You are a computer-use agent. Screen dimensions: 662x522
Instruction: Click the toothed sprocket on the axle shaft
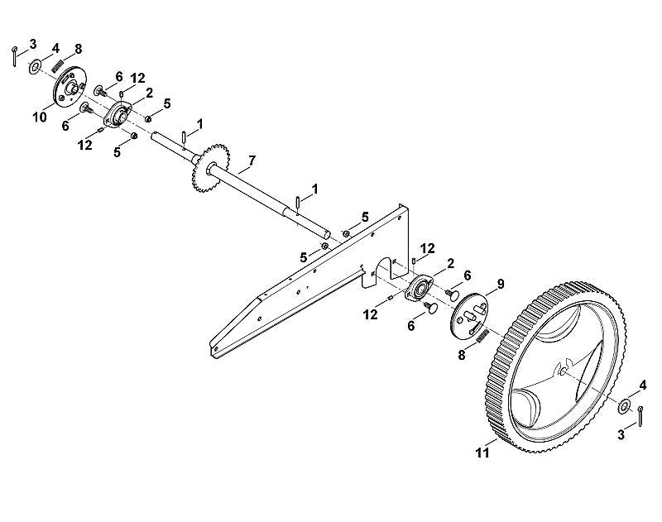click(209, 170)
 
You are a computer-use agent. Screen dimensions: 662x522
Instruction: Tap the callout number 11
click(482, 453)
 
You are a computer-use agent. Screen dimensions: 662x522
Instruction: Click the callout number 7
click(252, 160)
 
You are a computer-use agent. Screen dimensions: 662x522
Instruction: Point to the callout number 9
click(501, 284)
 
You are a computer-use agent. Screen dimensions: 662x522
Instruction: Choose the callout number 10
click(40, 117)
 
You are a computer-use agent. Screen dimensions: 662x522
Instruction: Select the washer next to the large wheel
click(624, 406)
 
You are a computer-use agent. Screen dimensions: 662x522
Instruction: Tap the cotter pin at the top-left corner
click(14, 56)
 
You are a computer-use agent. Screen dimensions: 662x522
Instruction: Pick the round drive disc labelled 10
click(70, 88)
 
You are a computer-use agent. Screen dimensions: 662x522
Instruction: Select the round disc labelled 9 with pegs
click(468, 314)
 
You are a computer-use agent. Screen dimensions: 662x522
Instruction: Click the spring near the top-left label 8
click(57, 66)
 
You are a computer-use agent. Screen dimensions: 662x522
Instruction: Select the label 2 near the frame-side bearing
click(450, 264)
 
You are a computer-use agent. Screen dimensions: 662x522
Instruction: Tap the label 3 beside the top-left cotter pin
click(32, 44)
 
